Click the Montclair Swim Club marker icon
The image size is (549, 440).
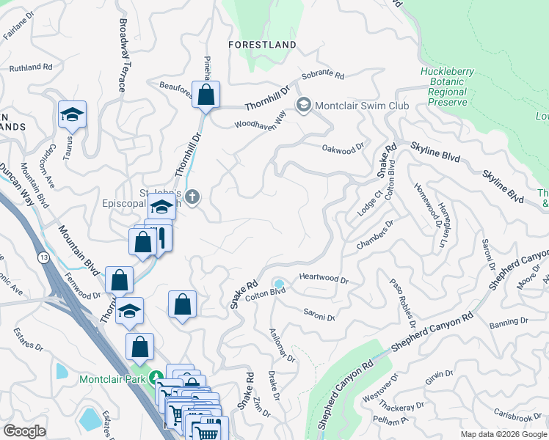pyautogui.click(x=303, y=106)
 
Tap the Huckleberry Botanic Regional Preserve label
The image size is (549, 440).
pyautogui.click(x=448, y=87)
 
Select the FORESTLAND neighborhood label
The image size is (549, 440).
pyautogui.click(x=262, y=45)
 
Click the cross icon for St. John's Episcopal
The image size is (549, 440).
pyautogui.click(x=192, y=197)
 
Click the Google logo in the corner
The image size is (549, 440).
pyautogui.click(x=24, y=431)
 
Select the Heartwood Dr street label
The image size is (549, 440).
pyautogui.click(x=324, y=279)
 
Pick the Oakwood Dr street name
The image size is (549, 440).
pyautogui.click(x=343, y=148)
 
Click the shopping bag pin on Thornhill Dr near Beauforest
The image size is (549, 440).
pyautogui.click(x=206, y=95)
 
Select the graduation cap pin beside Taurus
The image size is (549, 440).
pyautogui.click(x=73, y=115)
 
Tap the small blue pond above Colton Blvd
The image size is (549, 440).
pyautogui.click(x=279, y=284)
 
